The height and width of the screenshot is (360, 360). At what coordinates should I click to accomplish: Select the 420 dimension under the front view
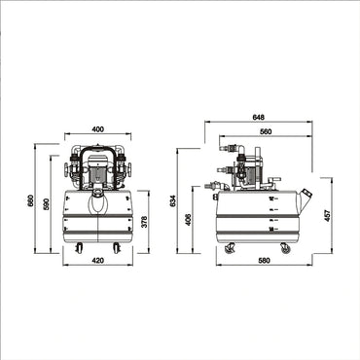tap(97, 261)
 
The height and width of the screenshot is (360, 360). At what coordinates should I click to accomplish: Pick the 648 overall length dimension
tap(258, 118)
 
